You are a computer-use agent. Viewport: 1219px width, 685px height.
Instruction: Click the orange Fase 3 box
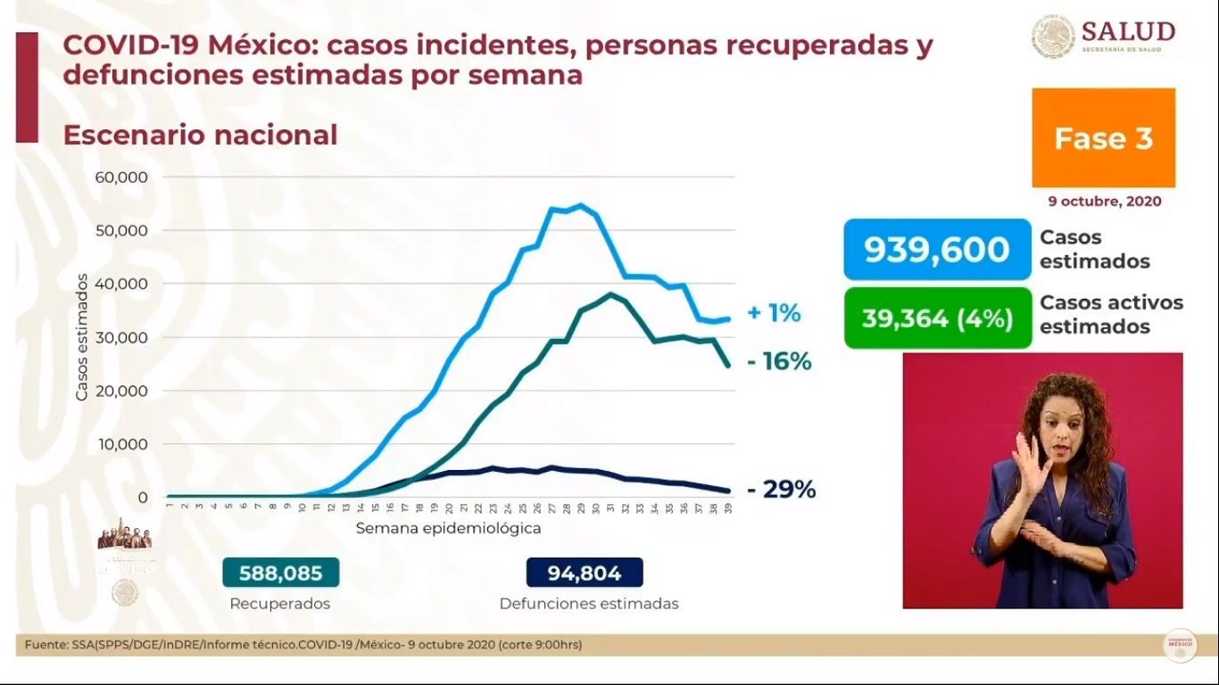[x=1103, y=137]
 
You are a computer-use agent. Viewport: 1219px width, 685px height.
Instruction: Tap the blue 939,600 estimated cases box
[x=937, y=250]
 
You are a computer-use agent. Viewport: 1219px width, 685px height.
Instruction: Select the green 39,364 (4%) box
[x=937, y=318]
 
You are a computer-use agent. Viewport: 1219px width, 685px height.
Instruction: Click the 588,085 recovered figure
[x=280, y=572]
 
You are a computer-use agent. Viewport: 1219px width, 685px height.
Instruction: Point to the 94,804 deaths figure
[x=585, y=572]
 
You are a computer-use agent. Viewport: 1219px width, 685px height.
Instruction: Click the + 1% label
[x=773, y=313]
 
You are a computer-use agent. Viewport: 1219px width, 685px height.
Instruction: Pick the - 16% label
[x=778, y=361]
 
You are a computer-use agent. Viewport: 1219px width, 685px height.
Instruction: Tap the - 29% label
[x=781, y=490]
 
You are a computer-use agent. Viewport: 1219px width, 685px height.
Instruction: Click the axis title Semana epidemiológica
[x=448, y=528]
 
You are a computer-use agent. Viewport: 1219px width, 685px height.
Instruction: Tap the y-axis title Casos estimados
[x=82, y=337]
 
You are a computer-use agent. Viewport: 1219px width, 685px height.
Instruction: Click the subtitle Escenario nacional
[x=200, y=135]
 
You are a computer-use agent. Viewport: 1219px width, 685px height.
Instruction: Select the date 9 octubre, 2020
[x=1105, y=202]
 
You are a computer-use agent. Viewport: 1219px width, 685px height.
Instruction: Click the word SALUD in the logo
[x=1128, y=31]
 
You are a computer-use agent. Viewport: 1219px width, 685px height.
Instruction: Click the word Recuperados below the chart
[x=279, y=604]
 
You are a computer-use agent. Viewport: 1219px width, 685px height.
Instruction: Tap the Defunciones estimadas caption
[x=589, y=604]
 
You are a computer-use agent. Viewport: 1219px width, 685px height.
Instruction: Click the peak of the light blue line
[x=581, y=205]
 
